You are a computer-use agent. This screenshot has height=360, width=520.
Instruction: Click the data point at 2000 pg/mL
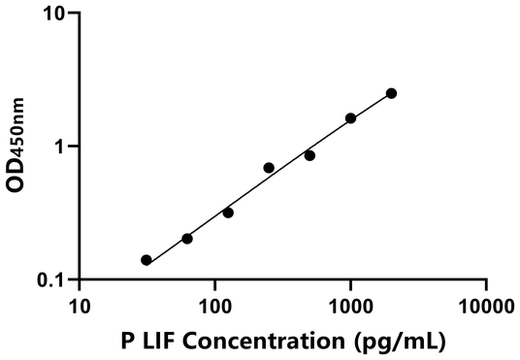(x=391, y=93)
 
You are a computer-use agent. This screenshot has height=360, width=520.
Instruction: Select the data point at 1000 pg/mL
(x=350, y=118)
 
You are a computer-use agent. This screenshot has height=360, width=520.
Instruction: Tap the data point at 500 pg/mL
(x=309, y=155)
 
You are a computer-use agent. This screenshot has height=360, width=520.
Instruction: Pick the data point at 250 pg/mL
(x=269, y=168)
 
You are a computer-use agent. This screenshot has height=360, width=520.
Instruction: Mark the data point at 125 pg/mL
(x=228, y=212)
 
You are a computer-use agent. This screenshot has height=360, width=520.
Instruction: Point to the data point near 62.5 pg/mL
(x=187, y=239)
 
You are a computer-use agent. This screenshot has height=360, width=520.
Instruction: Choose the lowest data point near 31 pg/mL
(x=146, y=260)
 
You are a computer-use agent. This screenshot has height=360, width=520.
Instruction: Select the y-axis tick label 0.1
(x=52, y=280)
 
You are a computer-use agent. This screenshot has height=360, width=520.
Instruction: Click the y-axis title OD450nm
(x=16, y=146)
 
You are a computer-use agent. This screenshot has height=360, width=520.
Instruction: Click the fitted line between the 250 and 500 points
(x=289, y=160)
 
